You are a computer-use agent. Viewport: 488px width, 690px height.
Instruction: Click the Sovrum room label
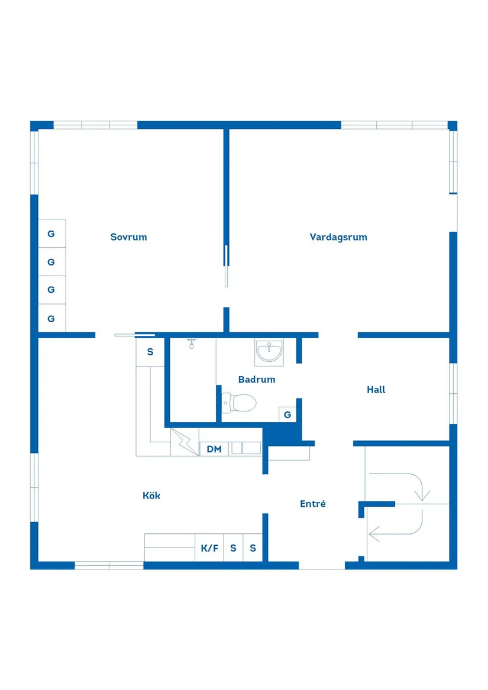(128, 237)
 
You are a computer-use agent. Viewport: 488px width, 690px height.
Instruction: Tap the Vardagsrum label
(338, 237)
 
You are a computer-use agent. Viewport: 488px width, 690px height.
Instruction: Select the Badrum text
(257, 380)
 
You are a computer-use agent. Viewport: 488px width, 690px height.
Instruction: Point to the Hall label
(376, 390)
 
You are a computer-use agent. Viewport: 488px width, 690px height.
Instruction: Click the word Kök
(151, 495)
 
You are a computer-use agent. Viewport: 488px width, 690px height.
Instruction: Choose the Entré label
(313, 504)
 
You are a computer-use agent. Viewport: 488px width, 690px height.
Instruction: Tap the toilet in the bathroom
(239, 403)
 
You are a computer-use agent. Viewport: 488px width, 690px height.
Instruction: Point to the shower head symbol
(192, 344)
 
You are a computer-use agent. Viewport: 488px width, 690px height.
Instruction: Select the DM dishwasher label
(214, 449)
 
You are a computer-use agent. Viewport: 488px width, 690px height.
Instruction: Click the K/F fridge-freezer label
(209, 548)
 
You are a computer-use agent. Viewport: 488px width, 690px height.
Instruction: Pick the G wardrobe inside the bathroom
(287, 414)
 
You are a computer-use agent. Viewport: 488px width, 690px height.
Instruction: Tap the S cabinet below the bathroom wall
(150, 352)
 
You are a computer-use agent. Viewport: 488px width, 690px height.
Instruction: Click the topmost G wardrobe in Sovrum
(51, 234)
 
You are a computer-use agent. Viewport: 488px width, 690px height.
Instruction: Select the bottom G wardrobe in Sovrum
(51, 319)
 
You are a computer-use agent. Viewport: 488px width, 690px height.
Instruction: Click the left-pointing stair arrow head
(374, 534)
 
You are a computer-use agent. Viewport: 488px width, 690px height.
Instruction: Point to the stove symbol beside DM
(185, 442)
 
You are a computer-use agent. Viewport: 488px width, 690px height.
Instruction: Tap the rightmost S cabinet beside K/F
(253, 548)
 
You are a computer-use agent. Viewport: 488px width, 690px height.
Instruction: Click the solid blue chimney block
(282, 434)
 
